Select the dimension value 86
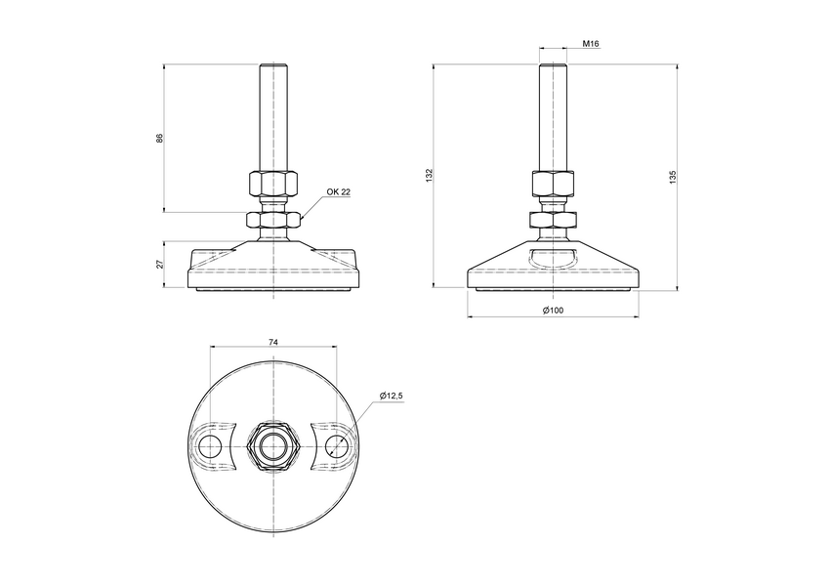[159, 138]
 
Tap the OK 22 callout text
[338, 192]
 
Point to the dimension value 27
[159, 264]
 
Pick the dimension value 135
[673, 176]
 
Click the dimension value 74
[273, 343]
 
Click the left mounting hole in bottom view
[210, 446]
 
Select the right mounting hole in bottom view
[337, 446]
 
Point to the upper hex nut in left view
[273, 184]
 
